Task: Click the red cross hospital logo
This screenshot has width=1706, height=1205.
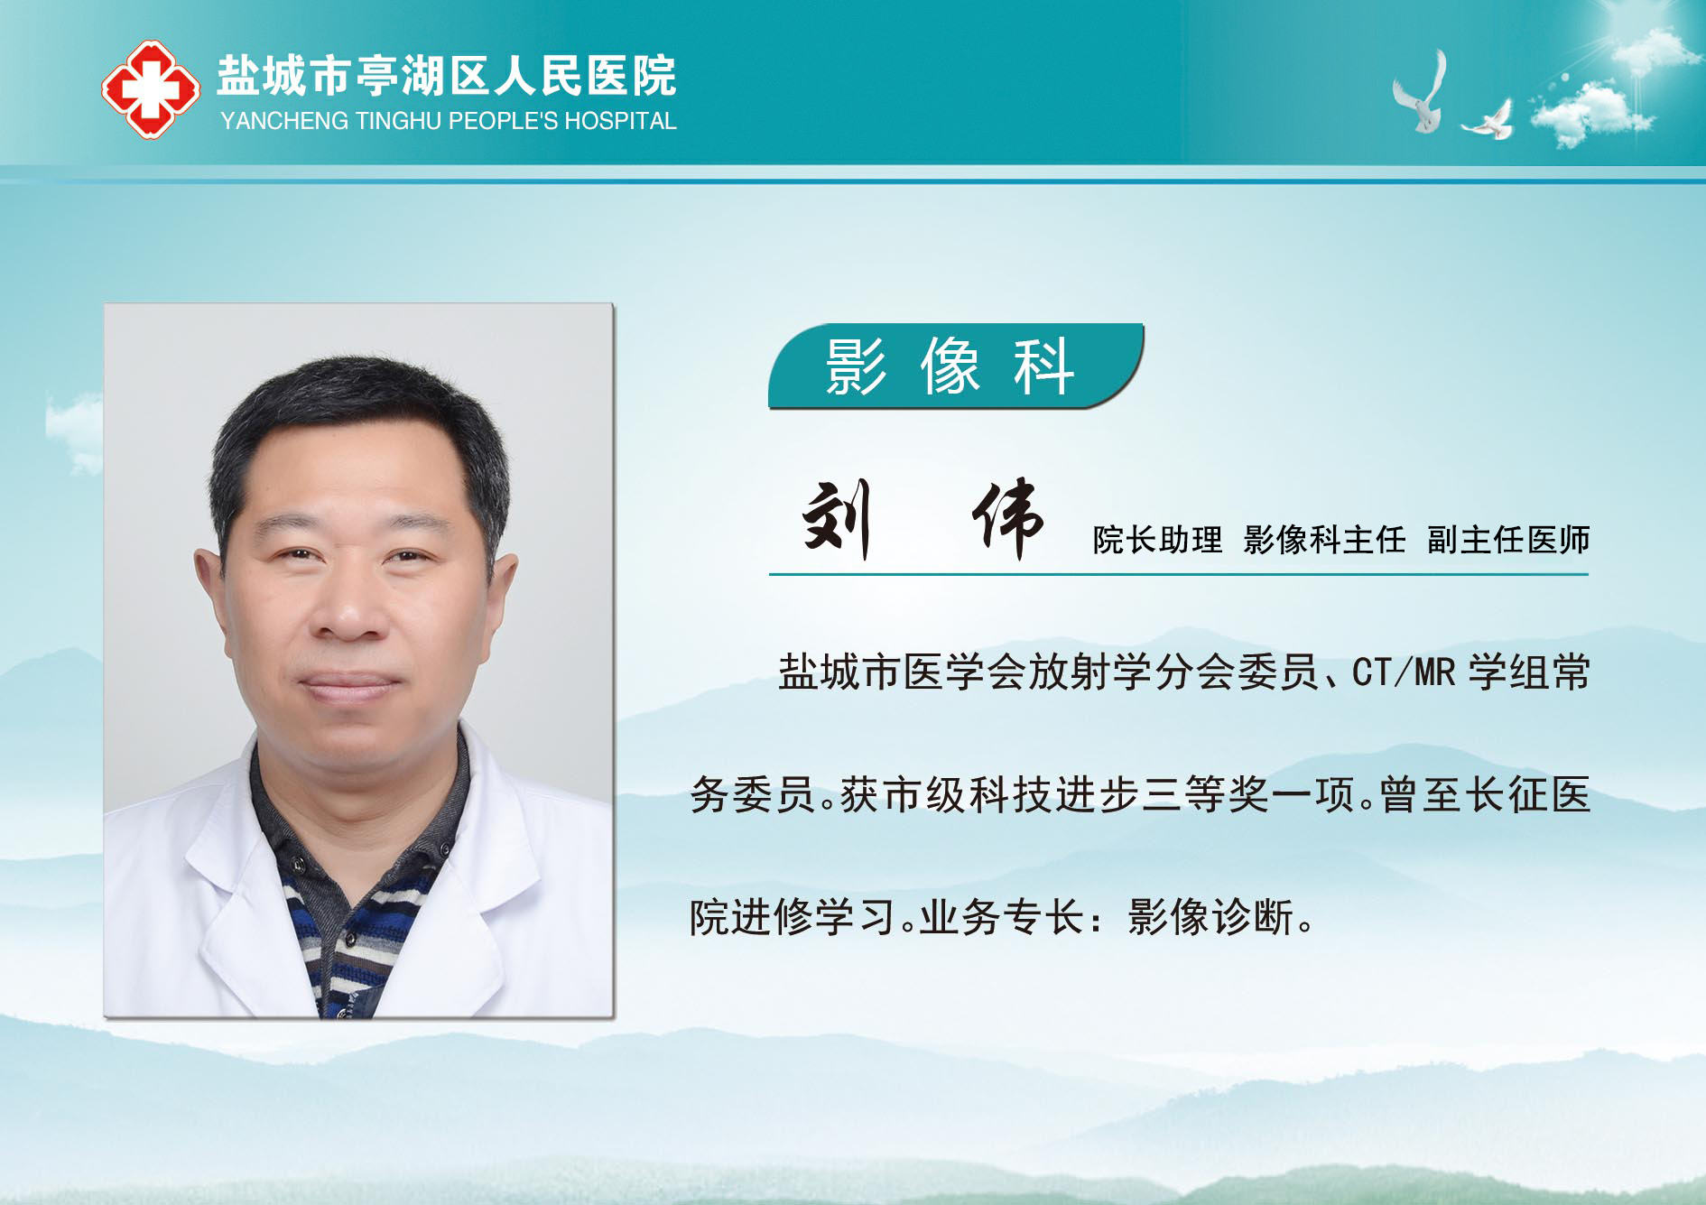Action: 150,88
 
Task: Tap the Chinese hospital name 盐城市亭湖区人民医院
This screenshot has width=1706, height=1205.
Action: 447,76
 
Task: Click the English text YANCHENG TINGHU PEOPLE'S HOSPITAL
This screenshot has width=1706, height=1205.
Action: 449,121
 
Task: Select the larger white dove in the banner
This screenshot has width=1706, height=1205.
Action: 1420,91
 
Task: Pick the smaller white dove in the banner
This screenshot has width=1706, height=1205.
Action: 1488,120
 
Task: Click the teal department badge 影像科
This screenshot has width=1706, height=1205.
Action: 956,366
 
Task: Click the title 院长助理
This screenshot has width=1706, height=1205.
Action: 1157,540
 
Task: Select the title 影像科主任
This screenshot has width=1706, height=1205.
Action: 1324,540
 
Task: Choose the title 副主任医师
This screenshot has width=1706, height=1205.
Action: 1508,540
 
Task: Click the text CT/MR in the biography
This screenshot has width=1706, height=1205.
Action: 1404,672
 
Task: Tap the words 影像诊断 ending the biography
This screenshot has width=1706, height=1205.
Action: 1210,917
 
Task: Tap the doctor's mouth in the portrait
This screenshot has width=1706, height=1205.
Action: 350,685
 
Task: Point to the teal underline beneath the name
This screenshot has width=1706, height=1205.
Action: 1178,573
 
